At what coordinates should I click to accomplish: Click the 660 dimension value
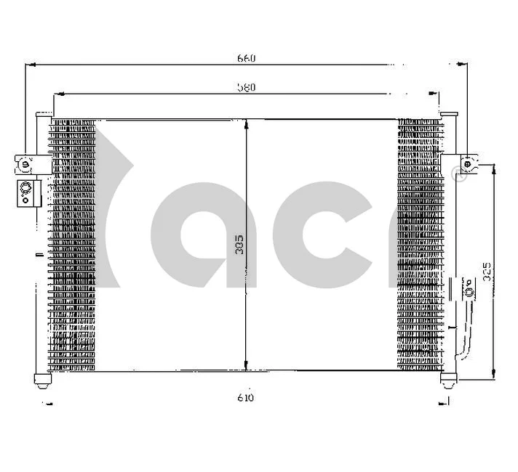pos(247,58)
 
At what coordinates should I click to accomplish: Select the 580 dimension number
pos(247,86)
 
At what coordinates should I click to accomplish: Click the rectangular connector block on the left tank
pos(27,192)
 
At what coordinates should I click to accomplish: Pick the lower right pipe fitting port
pos(469,292)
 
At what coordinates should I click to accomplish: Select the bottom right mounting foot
pos(449,378)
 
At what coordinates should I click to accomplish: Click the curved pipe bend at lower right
pos(461,354)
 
